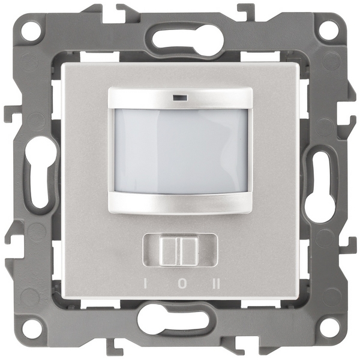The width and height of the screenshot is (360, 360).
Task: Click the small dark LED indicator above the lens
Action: point(179,98)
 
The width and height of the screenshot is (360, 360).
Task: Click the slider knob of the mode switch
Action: point(179,251)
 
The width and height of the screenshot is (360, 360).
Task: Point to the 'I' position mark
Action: point(145,284)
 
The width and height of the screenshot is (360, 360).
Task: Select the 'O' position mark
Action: point(182,284)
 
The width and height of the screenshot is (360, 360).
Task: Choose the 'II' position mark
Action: point(217,284)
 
